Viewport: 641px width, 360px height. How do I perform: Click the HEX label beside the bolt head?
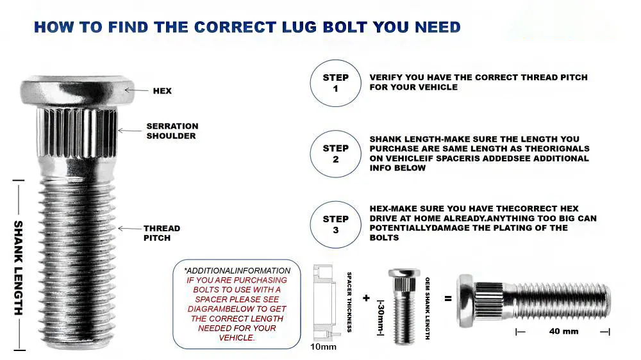162,91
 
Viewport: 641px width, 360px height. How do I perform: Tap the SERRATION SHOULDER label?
172,131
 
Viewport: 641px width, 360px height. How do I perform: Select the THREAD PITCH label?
162,233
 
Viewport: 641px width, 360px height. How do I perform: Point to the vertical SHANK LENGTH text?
19,268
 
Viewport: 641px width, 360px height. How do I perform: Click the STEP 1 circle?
336,83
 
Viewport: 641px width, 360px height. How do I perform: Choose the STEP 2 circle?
336,154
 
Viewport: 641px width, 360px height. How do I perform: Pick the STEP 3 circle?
336,224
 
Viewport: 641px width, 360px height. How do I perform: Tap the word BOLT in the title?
344,28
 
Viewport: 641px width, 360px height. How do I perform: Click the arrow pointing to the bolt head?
137,90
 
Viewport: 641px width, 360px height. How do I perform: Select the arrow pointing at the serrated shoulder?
130,131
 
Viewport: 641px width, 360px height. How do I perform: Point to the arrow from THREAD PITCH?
129,229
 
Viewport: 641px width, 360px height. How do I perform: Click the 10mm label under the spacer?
323,347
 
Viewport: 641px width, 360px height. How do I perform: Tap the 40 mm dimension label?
563,331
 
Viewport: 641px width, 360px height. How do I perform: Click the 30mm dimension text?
381,318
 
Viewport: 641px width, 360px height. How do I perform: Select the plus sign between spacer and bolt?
366,298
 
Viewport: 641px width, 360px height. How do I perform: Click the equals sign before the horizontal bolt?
448,299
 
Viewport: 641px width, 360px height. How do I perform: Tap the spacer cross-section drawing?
326,303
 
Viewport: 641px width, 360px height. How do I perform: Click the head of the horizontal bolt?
466,300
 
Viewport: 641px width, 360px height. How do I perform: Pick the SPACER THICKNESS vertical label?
349,302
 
